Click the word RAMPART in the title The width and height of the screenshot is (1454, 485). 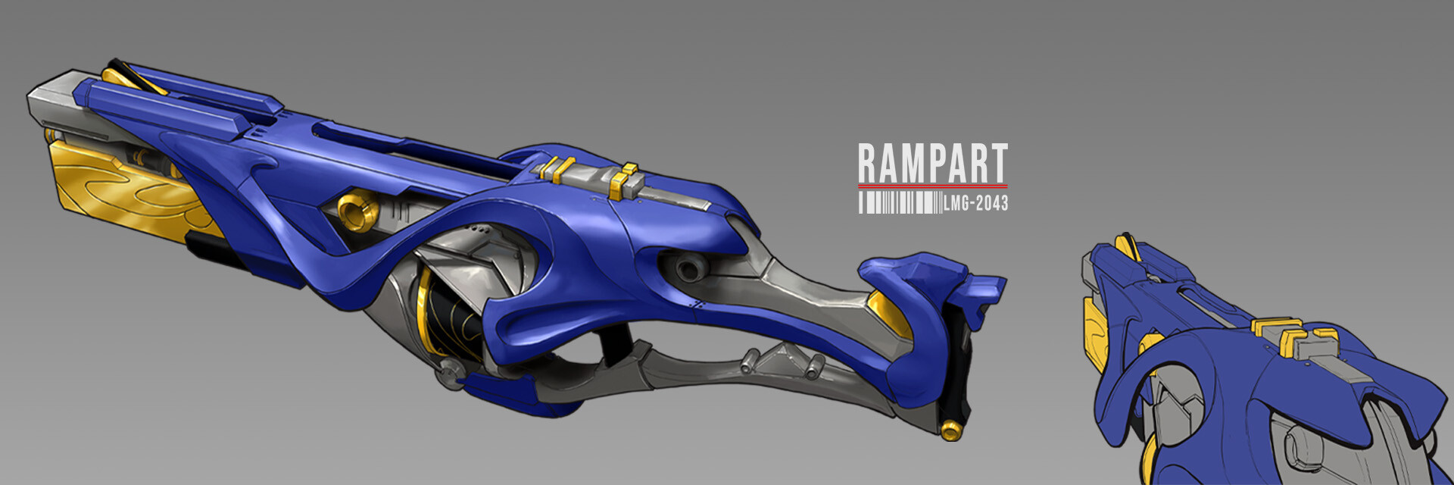[x=932, y=163]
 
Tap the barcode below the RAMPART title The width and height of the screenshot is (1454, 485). [x=900, y=202]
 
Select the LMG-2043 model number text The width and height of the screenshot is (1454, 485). [x=976, y=202]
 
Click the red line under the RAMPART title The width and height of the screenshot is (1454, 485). [x=932, y=185]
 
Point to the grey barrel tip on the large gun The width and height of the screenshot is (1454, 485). [x=53, y=102]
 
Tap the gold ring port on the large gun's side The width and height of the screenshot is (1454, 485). [x=357, y=211]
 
